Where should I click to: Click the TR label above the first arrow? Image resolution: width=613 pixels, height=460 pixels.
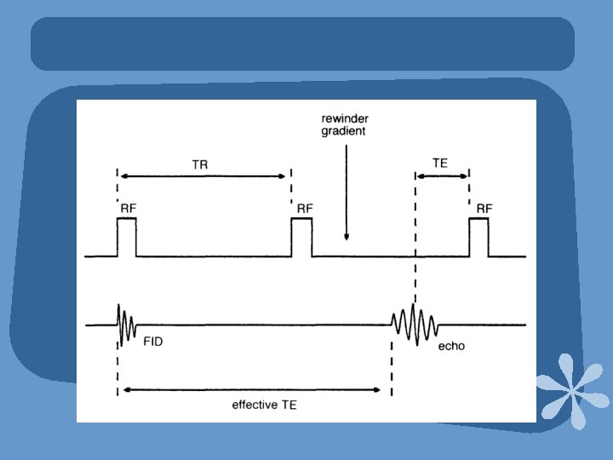pos(200,164)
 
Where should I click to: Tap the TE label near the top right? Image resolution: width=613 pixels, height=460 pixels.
pos(440,163)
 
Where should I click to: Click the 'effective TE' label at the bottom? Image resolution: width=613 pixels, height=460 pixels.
pos(264,405)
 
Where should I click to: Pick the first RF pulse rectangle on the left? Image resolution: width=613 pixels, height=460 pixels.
pos(127,237)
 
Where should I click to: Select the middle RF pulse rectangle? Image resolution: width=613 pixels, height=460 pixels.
pos(301,237)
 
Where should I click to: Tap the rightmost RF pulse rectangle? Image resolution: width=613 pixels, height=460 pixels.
pos(478,237)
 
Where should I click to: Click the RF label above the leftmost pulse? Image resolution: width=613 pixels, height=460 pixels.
pos(128,207)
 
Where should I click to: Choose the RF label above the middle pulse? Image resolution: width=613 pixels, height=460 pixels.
pos(305,207)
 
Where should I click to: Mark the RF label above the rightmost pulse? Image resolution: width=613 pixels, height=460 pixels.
pos(484,207)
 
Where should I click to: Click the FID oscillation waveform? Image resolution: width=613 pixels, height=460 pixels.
pos(125,325)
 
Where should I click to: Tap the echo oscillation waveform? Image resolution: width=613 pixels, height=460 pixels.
pos(415,324)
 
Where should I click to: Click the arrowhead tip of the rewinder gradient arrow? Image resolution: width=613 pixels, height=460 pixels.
pos(346,239)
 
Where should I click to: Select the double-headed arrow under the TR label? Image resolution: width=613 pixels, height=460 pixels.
pos(204,176)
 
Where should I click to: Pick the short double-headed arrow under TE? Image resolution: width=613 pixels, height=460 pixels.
pos(442,176)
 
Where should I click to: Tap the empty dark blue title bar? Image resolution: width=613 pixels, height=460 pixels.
pos(302,43)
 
